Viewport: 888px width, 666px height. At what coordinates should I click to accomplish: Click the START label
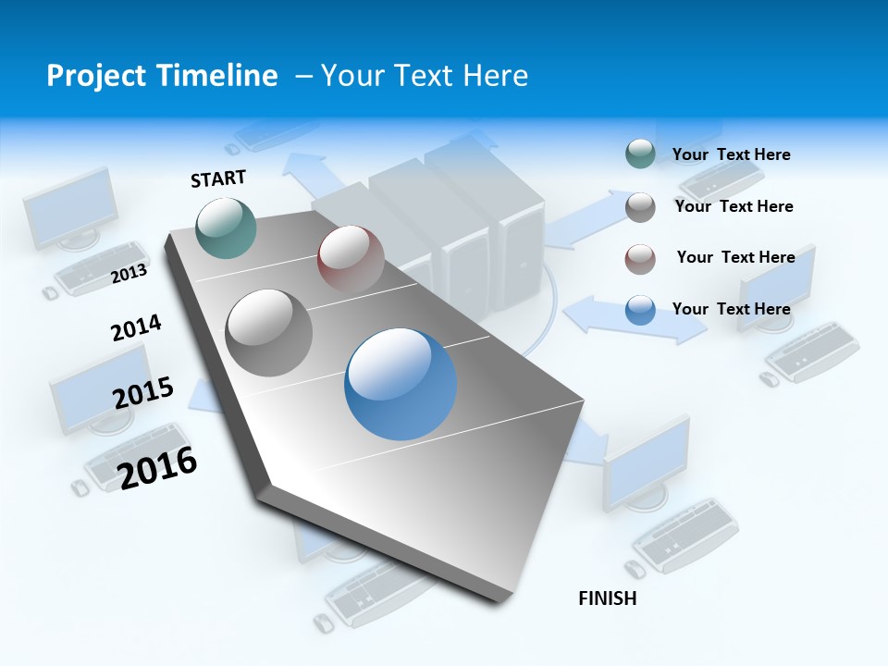coord(218,178)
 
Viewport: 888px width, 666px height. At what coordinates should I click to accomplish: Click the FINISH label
coord(608,598)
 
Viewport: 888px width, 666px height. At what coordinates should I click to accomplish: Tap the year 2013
coord(129,273)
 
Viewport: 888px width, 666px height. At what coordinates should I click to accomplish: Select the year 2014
coord(137,328)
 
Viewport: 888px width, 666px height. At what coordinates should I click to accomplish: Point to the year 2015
coord(143,393)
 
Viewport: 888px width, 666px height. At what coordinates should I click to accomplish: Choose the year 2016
coord(158,467)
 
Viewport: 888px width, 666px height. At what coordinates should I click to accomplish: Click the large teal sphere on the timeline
coord(227,228)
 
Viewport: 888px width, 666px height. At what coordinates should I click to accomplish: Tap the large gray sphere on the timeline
coord(269,332)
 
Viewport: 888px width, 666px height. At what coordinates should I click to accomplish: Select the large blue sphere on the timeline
coord(401,384)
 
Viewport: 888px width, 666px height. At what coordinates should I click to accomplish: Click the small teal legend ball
coord(640,154)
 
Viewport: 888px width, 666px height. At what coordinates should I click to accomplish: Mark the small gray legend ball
coord(640,207)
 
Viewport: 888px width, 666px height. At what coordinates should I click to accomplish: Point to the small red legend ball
coord(640,258)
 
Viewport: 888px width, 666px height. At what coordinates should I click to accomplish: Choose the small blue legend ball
coord(640,310)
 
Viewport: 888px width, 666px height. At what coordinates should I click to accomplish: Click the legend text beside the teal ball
coord(731,154)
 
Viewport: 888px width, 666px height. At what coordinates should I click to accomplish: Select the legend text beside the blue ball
coord(731,309)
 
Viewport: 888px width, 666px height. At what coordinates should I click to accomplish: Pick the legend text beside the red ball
coord(735,257)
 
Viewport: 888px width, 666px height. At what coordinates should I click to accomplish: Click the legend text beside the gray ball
coord(734,206)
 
